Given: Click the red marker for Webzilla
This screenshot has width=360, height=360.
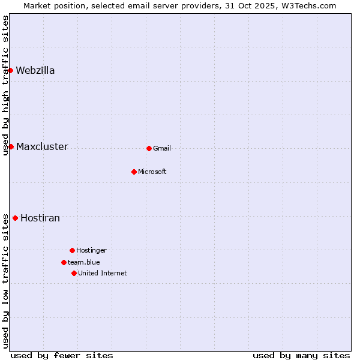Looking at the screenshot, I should (x=10, y=70).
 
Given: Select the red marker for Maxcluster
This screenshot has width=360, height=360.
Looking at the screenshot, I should (x=11, y=146).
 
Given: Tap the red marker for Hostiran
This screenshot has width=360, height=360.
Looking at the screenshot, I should (x=15, y=218).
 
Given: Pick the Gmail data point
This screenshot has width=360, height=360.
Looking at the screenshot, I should (x=149, y=148).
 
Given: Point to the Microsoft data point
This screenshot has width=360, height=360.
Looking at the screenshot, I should (x=134, y=172).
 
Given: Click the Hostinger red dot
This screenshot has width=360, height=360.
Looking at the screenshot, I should (x=72, y=250).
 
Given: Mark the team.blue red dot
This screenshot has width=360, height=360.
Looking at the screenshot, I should (x=64, y=262).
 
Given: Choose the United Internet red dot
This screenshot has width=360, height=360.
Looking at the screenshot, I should (x=74, y=273).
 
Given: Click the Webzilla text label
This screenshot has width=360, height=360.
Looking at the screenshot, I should (x=35, y=70).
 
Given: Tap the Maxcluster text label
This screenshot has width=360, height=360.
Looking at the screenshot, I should (x=42, y=146).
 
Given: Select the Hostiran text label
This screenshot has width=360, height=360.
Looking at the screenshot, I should (x=40, y=218).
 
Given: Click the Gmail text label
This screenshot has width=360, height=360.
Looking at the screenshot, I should (x=162, y=148).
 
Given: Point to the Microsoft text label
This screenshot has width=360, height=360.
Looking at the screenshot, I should (x=152, y=172).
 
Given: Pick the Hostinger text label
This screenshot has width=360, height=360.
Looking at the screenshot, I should (x=91, y=250).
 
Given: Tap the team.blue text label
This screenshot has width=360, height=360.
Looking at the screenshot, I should (x=84, y=262).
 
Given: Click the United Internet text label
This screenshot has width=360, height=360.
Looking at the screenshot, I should (x=103, y=273).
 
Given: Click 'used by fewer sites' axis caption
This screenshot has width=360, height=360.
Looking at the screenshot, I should (x=62, y=355).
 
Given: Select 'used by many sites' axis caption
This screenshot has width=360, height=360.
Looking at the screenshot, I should (x=301, y=355).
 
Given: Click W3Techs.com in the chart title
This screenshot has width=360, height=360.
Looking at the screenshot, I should (x=309, y=5).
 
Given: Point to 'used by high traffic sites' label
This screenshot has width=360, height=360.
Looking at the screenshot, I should (x=5, y=85).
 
